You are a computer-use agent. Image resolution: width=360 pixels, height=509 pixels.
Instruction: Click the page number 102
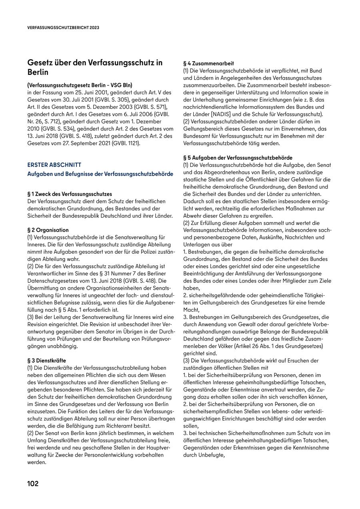pos(33,484)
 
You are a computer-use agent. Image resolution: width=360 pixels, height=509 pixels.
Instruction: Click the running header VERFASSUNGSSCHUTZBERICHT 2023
pos(63,28)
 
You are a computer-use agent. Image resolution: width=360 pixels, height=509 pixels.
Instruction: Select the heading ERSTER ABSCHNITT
pos(54,165)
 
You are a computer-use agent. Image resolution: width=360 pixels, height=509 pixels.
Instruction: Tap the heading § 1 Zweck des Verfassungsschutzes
pos(70,194)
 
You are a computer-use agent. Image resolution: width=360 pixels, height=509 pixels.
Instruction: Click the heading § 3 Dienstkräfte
pos(47,361)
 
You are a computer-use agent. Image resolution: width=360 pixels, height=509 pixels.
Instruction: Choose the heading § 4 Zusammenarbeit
pos(208,63)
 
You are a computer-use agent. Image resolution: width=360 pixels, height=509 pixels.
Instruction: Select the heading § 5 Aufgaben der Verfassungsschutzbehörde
pos(238,158)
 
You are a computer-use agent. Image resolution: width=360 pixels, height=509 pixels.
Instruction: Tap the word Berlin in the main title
pos(38,72)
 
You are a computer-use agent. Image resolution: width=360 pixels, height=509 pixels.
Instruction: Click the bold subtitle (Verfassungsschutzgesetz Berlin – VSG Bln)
pos(80,85)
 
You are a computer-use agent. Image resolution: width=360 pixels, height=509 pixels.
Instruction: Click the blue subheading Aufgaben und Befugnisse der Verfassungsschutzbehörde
pos(100,174)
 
